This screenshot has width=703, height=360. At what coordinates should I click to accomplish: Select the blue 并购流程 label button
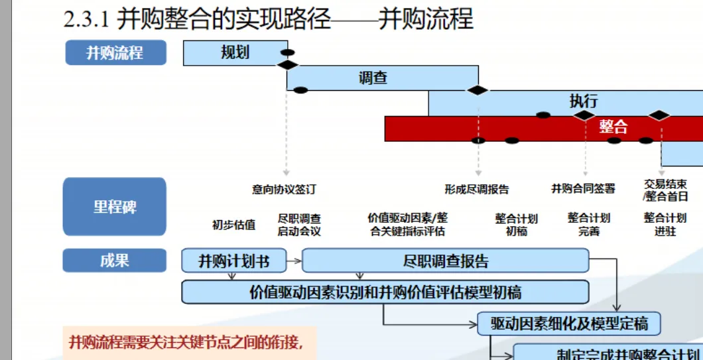(115, 52)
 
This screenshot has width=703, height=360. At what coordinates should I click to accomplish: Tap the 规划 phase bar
(235, 52)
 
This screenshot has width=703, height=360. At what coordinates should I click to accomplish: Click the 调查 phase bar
(373, 78)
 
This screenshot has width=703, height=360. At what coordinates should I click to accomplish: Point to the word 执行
(584, 101)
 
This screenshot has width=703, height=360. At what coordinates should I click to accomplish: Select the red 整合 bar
(544, 128)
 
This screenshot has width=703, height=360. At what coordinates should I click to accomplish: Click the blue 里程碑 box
(115, 206)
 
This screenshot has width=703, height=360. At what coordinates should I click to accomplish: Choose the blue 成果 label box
(115, 261)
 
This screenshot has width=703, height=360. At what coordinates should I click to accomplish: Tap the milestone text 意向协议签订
(285, 189)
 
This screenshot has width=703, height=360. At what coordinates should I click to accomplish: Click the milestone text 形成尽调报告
(477, 189)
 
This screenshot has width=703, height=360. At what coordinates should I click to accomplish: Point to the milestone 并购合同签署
(583, 189)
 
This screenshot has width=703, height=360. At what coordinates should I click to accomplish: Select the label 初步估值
(233, 224)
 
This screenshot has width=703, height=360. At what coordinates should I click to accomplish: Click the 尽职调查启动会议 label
(299, 224)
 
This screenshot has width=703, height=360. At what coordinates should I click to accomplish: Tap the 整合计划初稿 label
(516, 224)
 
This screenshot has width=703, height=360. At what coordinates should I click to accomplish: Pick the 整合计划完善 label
(589, 224)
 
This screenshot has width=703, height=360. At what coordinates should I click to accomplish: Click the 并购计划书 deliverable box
(234, 261)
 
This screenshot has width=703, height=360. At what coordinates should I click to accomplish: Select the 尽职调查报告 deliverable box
(445, 261)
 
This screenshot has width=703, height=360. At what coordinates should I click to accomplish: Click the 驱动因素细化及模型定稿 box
(569, 324)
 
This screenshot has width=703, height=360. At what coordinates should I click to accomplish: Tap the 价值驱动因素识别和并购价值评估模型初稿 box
(385, 292)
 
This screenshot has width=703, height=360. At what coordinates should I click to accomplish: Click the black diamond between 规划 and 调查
(288, 64)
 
